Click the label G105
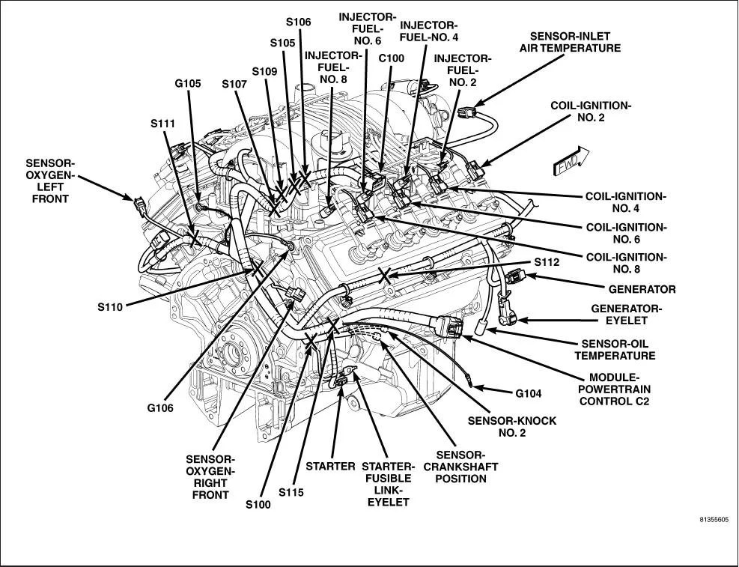pyautogui.click(x=187, y=83)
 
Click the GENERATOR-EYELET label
pyautogui.click(x=627, y=314)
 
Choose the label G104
pyautogui.click(x=528, y=392)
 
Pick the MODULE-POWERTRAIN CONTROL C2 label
pyautogui.click(x=619, y=389)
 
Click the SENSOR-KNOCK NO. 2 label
pyautogui.click(x=512, y=427)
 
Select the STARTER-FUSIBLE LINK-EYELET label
pyautogui.click(x=387, y=483)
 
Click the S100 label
pyautogui.click(x=258, y=504)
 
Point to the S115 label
pyautogui.click(x=291, y=492)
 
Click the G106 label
pyautogui.click(x=160, y=407)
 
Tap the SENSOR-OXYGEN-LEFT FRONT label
pyautogui.click(x=50, y=181)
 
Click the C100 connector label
pyautogui.click(x=391, y=58)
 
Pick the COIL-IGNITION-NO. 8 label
pyautogui.click(x=625, y=263)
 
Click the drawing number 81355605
pyautogui.click(x=714, y=518)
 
